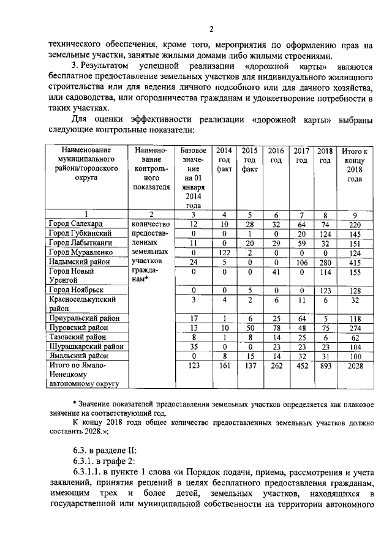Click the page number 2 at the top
pos(210,29)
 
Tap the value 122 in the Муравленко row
pos(225,252)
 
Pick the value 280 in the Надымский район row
pos(326,261)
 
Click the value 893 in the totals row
pos(326,366)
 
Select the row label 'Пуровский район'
pos(75,328)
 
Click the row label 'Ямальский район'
pos(75,356)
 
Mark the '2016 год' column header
pos(276,155)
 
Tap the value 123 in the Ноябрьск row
pos(326,290)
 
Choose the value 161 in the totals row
pos(225,366)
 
